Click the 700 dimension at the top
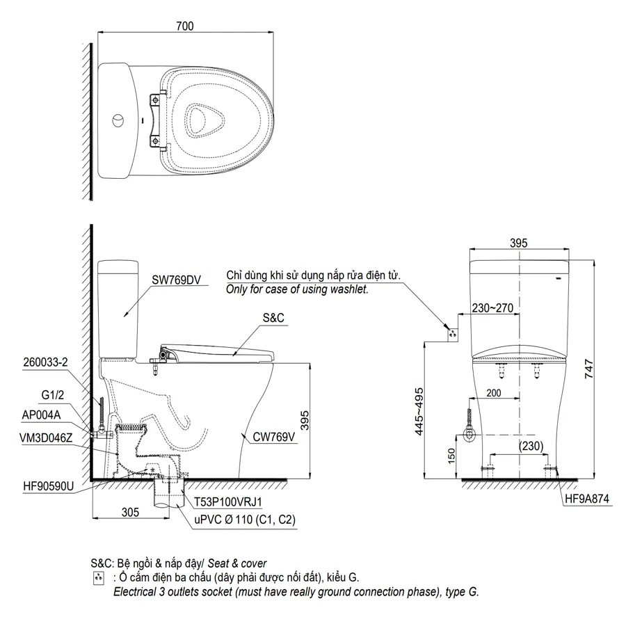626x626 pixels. (185, 26)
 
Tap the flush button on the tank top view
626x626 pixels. (118, 120)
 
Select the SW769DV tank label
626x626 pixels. (176, 280)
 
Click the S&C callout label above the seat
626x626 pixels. (273, 318)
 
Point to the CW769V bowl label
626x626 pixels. (273, 437)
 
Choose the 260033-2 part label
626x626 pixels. (45, 362)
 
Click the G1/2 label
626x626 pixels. (53, 395)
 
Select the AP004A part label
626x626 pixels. (41, 415)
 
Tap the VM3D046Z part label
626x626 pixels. (46, 438)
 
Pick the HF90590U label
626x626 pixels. (48, 486)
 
